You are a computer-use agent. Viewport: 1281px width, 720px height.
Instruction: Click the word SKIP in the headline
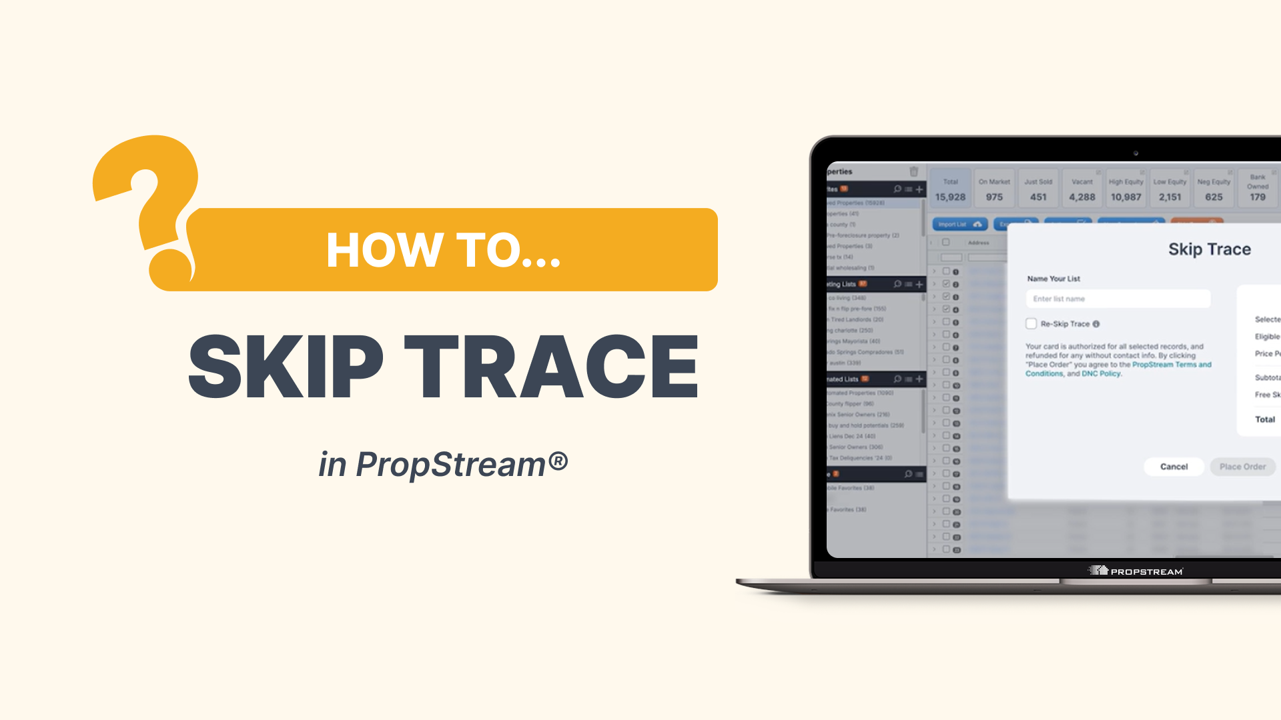coord(286,366)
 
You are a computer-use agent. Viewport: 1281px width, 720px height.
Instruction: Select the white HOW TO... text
coord(443,250)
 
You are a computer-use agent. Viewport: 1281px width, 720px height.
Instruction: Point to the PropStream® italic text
coord(461,465)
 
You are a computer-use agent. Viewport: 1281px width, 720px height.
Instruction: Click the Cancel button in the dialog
coord(1174,467)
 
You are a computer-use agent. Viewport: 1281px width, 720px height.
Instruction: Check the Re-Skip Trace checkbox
coord(1031,324)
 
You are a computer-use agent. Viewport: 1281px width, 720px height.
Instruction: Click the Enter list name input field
coord(1118,299)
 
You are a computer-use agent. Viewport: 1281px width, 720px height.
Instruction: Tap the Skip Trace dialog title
coord(1209,249)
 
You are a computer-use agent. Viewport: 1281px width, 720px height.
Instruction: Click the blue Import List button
coord(959,224)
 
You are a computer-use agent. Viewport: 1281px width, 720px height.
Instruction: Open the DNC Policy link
coord(1101,374)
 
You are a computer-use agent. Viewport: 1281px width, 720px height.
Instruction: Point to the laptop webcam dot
coord(1136,153)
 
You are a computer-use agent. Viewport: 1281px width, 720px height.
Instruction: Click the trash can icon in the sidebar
coord(913,171)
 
